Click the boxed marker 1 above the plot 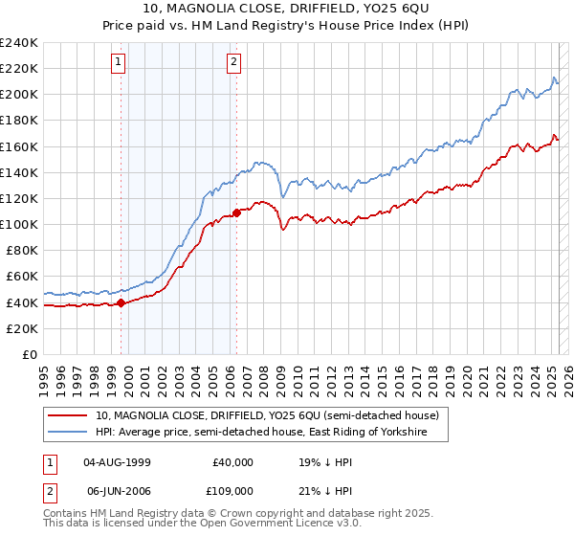click(118, 62)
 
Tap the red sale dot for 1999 click(121, 303)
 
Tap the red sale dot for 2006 click(236, 213)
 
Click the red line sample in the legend click(68, 415)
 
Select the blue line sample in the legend click(68, 433)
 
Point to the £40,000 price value click(232, 461)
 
